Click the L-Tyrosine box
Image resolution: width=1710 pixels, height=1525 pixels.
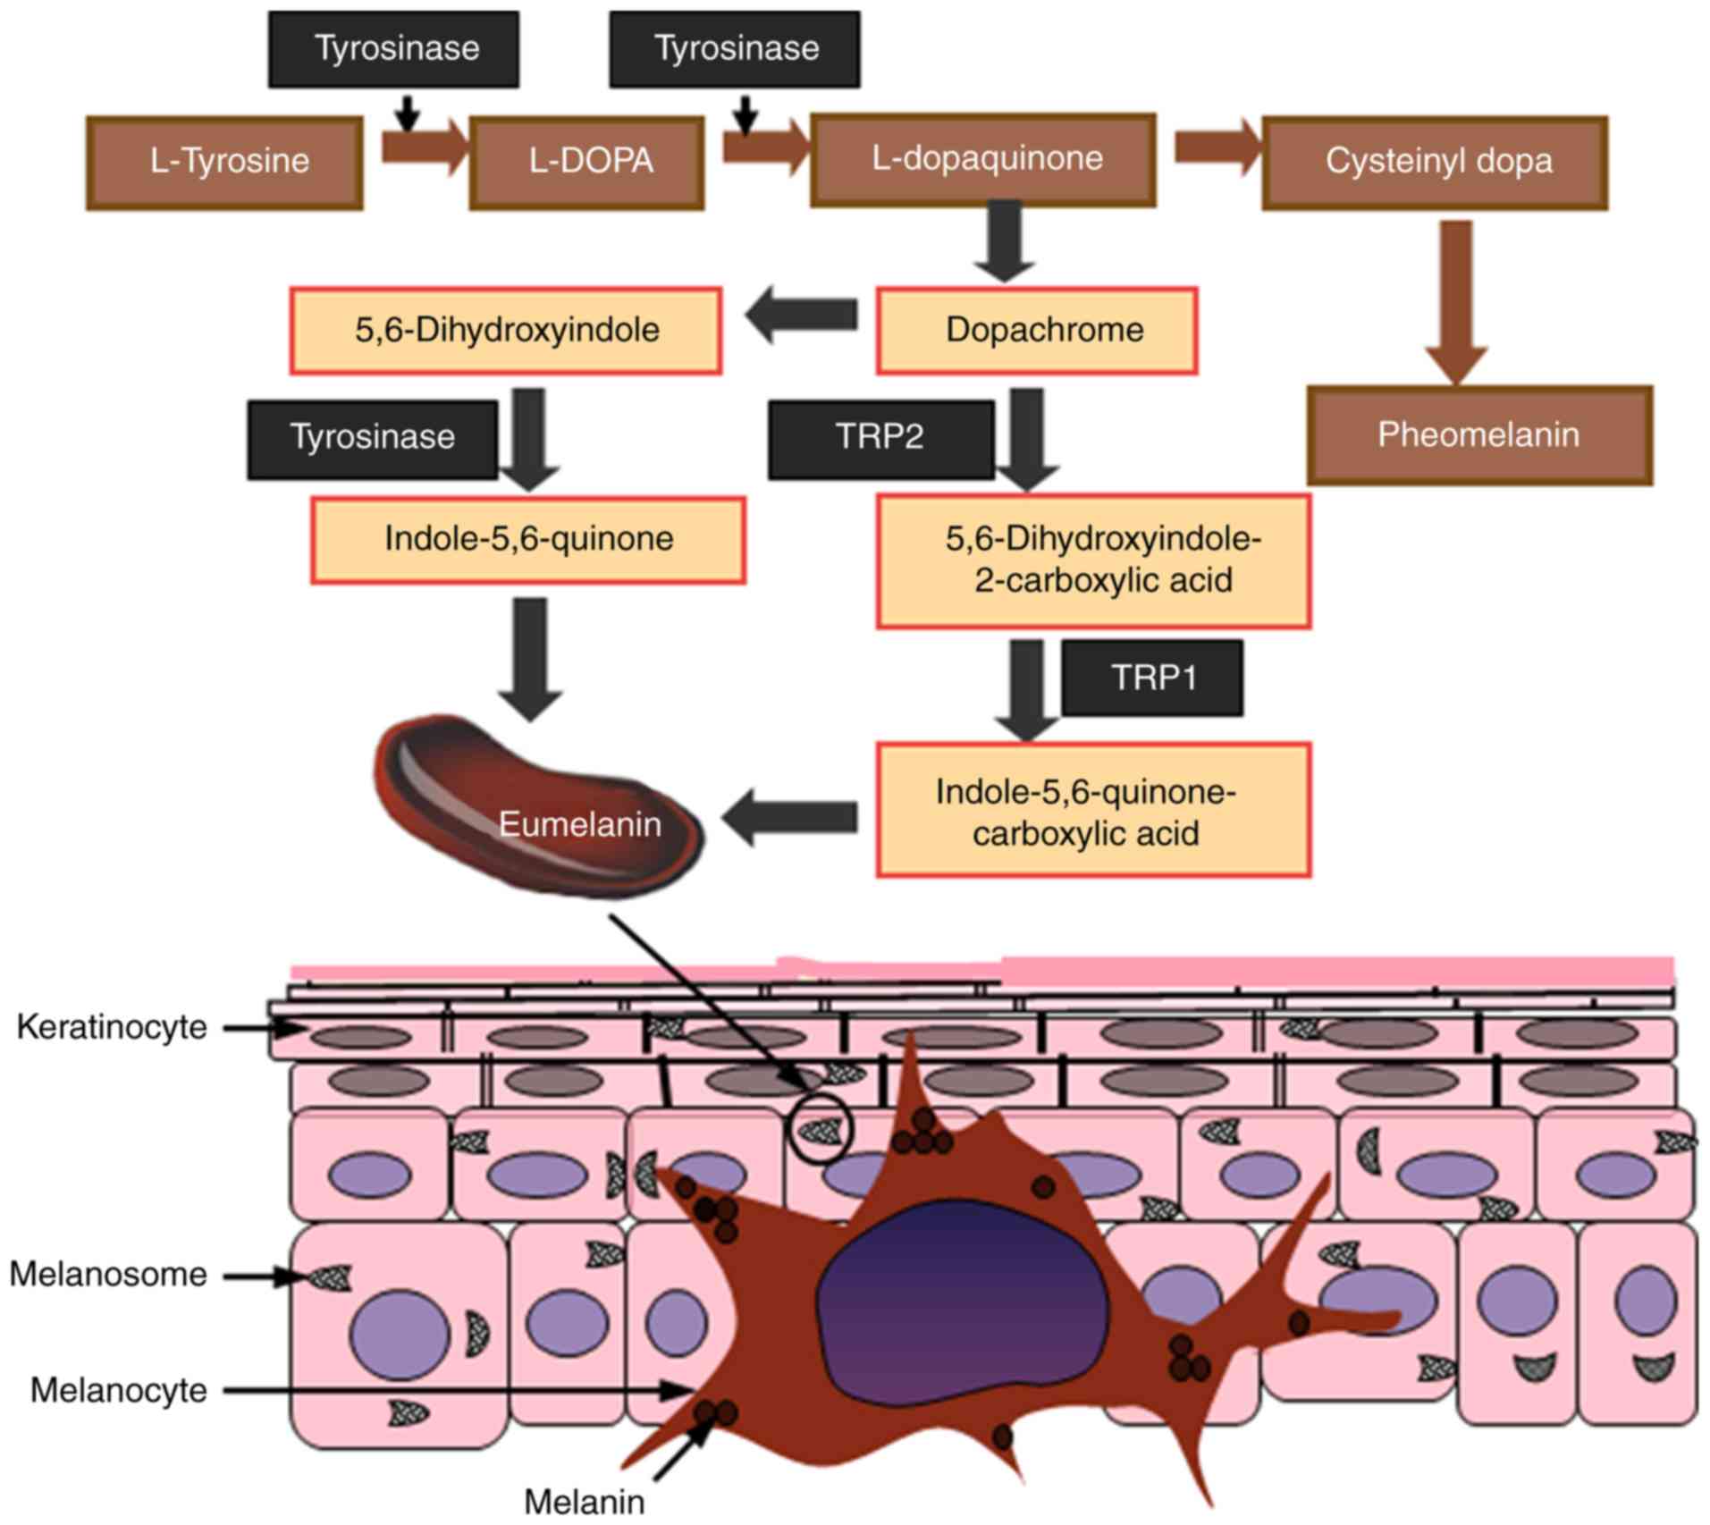[224, 163]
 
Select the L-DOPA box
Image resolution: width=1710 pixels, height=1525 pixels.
[587, 163]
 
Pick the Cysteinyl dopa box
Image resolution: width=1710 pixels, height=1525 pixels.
[1435, 163]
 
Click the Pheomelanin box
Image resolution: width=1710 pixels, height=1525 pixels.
[1479, 435]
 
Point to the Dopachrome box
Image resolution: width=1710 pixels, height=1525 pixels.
[1037, 330]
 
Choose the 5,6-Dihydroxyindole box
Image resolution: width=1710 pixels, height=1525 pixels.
[506, 330]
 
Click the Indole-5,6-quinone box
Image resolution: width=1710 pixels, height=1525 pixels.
[528, 540]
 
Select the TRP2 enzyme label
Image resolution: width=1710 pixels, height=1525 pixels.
[880, 438]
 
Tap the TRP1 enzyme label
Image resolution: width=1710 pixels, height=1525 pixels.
[1152, 678]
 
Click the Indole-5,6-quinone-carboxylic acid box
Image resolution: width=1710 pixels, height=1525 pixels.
[1092, 810]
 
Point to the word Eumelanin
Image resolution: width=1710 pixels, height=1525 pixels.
[579, 824]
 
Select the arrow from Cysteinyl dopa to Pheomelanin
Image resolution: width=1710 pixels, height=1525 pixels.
[1456, 299]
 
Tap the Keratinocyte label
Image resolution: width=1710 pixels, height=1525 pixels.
[112, 1028]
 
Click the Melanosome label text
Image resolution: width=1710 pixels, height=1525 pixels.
[108, 1275]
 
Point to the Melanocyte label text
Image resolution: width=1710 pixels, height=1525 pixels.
[119, 1391]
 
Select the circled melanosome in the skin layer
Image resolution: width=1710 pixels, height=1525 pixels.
[819, 1131]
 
